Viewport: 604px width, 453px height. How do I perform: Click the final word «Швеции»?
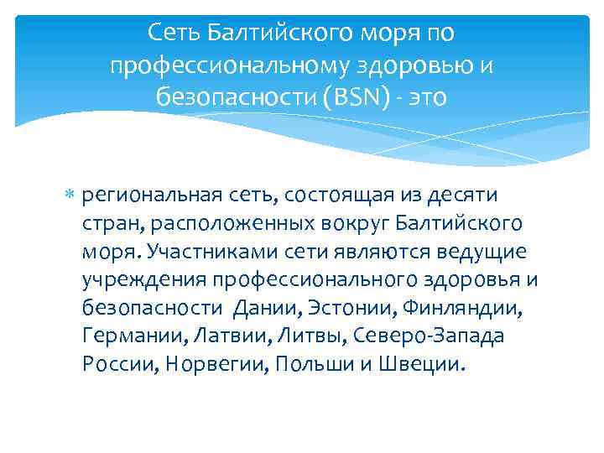[409, 366]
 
